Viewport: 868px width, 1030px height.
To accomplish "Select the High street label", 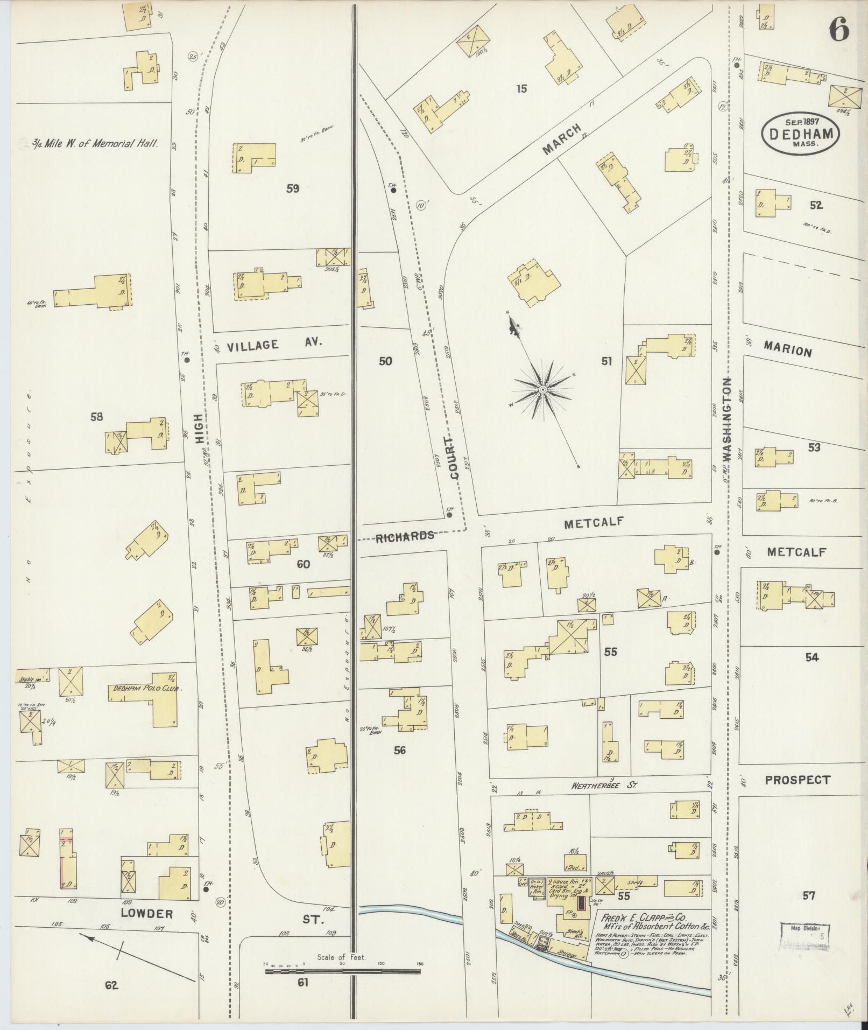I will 200,428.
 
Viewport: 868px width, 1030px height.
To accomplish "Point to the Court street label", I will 453,457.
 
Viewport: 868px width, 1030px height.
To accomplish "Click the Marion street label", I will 787,351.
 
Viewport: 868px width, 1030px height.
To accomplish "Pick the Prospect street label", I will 798,780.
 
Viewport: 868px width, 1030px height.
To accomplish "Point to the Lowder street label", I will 147,914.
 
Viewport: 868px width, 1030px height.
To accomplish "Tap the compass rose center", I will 543,389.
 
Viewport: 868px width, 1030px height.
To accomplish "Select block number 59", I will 293,188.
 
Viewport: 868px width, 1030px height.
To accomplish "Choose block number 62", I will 111,985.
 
